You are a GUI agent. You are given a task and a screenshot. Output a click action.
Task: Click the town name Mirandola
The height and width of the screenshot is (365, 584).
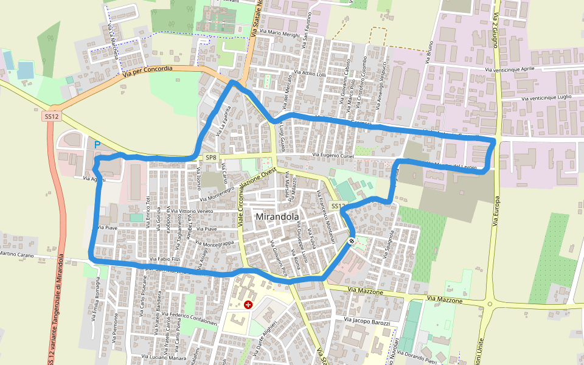tap(277, 217)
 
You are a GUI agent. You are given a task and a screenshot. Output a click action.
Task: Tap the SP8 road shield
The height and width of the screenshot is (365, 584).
tap(210, 158)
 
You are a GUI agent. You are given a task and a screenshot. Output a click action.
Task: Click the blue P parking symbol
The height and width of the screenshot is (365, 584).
tap(97, 145)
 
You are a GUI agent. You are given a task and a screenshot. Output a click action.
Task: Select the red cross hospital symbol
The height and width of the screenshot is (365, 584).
tap(248, 304)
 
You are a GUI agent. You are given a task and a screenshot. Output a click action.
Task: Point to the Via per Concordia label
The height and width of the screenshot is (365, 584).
tap(147, 71)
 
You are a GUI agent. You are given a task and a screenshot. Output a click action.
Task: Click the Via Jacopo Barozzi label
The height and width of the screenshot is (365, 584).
tap(367, 321)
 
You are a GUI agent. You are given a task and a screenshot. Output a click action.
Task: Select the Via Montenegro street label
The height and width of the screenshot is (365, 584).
tap(213, 193)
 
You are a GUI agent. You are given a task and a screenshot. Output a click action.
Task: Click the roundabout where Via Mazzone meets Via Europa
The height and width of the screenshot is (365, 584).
tap(489, 303)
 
